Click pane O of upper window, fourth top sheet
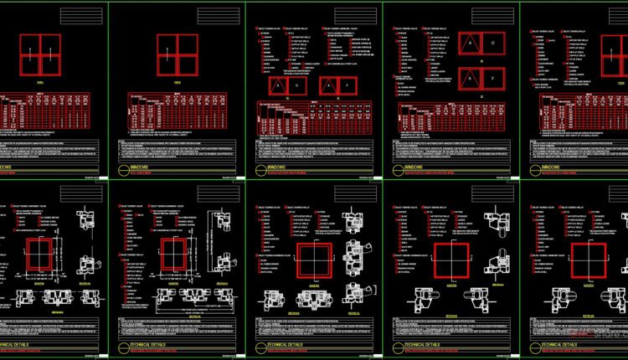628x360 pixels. (493, 42)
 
